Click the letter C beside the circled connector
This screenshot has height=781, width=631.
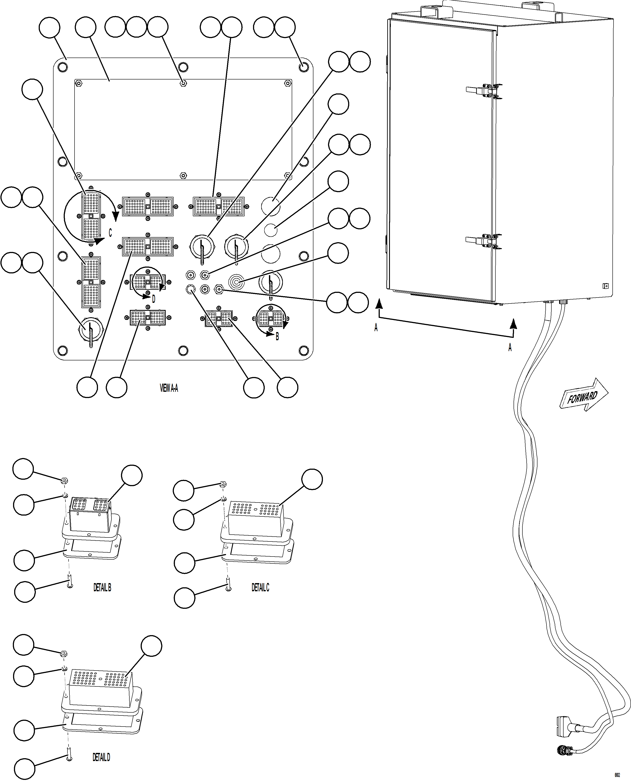pos(110,232)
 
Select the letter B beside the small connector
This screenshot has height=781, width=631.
pos(277,336)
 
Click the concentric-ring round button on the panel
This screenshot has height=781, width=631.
pos(236,282)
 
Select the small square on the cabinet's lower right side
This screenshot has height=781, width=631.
pos(605,286)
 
